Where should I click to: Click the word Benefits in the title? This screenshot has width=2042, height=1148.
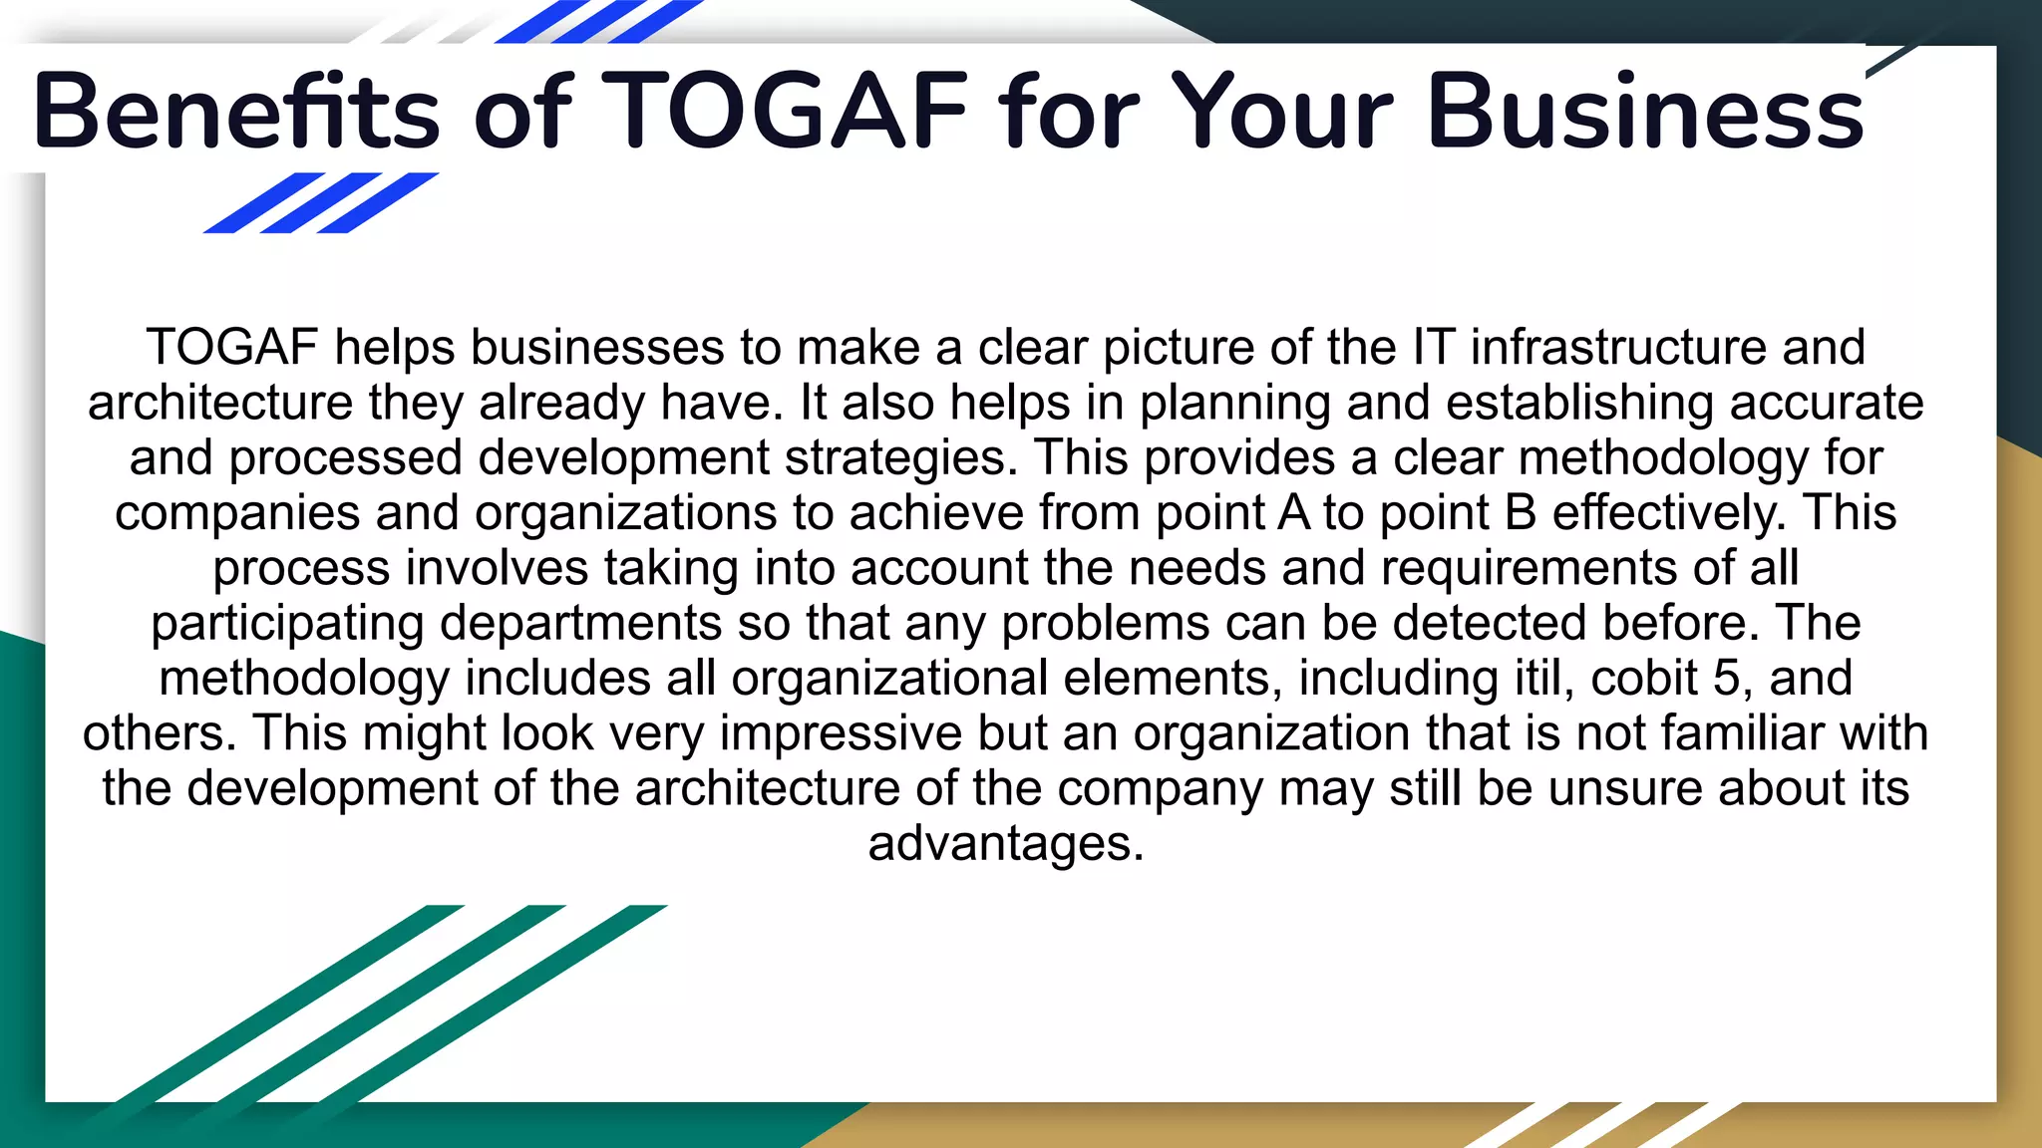tap(236, 112)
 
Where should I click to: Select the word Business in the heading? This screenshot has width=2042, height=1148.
tap(1645, 112)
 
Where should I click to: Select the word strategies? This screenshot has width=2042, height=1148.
tap(901, 458)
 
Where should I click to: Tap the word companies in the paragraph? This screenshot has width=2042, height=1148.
tap(237, 513)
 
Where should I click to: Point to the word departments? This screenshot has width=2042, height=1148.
tap(580, 624)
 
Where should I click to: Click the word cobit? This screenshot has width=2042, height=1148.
tap(1644, 679)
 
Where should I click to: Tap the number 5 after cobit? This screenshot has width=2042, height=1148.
tap(1726, 679)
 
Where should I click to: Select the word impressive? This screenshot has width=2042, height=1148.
tap(841, 733)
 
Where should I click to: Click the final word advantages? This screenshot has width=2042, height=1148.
tap(1005, 844)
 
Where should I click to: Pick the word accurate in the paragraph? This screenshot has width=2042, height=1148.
tap(1827, 404)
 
